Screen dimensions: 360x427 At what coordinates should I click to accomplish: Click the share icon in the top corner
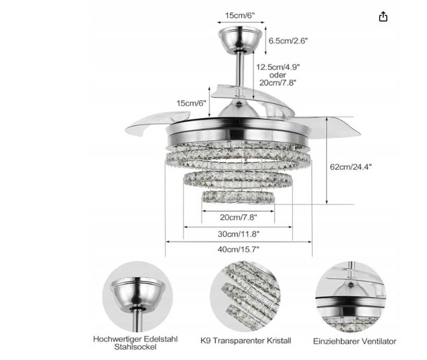[x=383, y=16]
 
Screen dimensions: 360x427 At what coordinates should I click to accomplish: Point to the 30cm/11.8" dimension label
[x=238, y=233]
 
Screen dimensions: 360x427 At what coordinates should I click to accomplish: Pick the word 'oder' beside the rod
[x=277, y=75]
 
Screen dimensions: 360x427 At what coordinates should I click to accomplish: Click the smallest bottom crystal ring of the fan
[x=237, y=196]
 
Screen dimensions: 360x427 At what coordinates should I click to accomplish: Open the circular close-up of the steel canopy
[x=134, y=296]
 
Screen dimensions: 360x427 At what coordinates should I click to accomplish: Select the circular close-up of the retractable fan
[x=353, y=296]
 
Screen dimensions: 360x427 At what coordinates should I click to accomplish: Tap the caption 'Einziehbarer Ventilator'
[x=354, y=341]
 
